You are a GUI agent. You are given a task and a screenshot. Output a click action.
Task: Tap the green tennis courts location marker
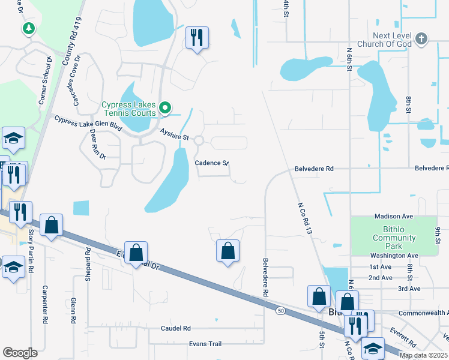(166, 109)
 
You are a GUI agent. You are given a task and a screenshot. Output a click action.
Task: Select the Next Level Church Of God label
(393, 40)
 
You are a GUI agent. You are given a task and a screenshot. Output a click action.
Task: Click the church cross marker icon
(421, 40)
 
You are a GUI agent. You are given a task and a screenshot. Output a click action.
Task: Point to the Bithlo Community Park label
(394, 234)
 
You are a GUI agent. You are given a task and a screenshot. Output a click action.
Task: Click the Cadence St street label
(212, 163)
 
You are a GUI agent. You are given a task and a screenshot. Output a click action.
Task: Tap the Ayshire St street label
(174, 134)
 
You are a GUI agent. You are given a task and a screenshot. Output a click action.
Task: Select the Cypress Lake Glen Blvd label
(88, 124)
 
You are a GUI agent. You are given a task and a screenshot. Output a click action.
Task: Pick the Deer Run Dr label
(94, 146)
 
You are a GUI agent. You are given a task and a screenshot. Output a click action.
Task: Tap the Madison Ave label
(394, 216)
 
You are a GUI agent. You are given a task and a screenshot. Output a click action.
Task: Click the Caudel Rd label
(175, 328)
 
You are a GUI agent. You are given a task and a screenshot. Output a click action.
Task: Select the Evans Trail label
(205, 344)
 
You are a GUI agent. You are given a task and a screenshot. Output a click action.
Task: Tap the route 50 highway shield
(280, 310)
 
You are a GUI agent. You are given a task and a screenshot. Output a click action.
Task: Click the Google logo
(20, 353)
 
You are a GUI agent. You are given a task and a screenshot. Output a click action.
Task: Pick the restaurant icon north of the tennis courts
(197, 38)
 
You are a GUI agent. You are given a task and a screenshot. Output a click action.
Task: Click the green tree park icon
(28, 28)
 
